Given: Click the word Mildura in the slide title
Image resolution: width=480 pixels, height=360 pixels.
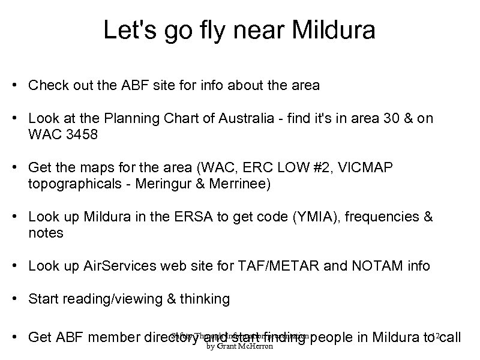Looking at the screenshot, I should [328, 31].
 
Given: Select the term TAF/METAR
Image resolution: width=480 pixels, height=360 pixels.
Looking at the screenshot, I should [282, 265].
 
